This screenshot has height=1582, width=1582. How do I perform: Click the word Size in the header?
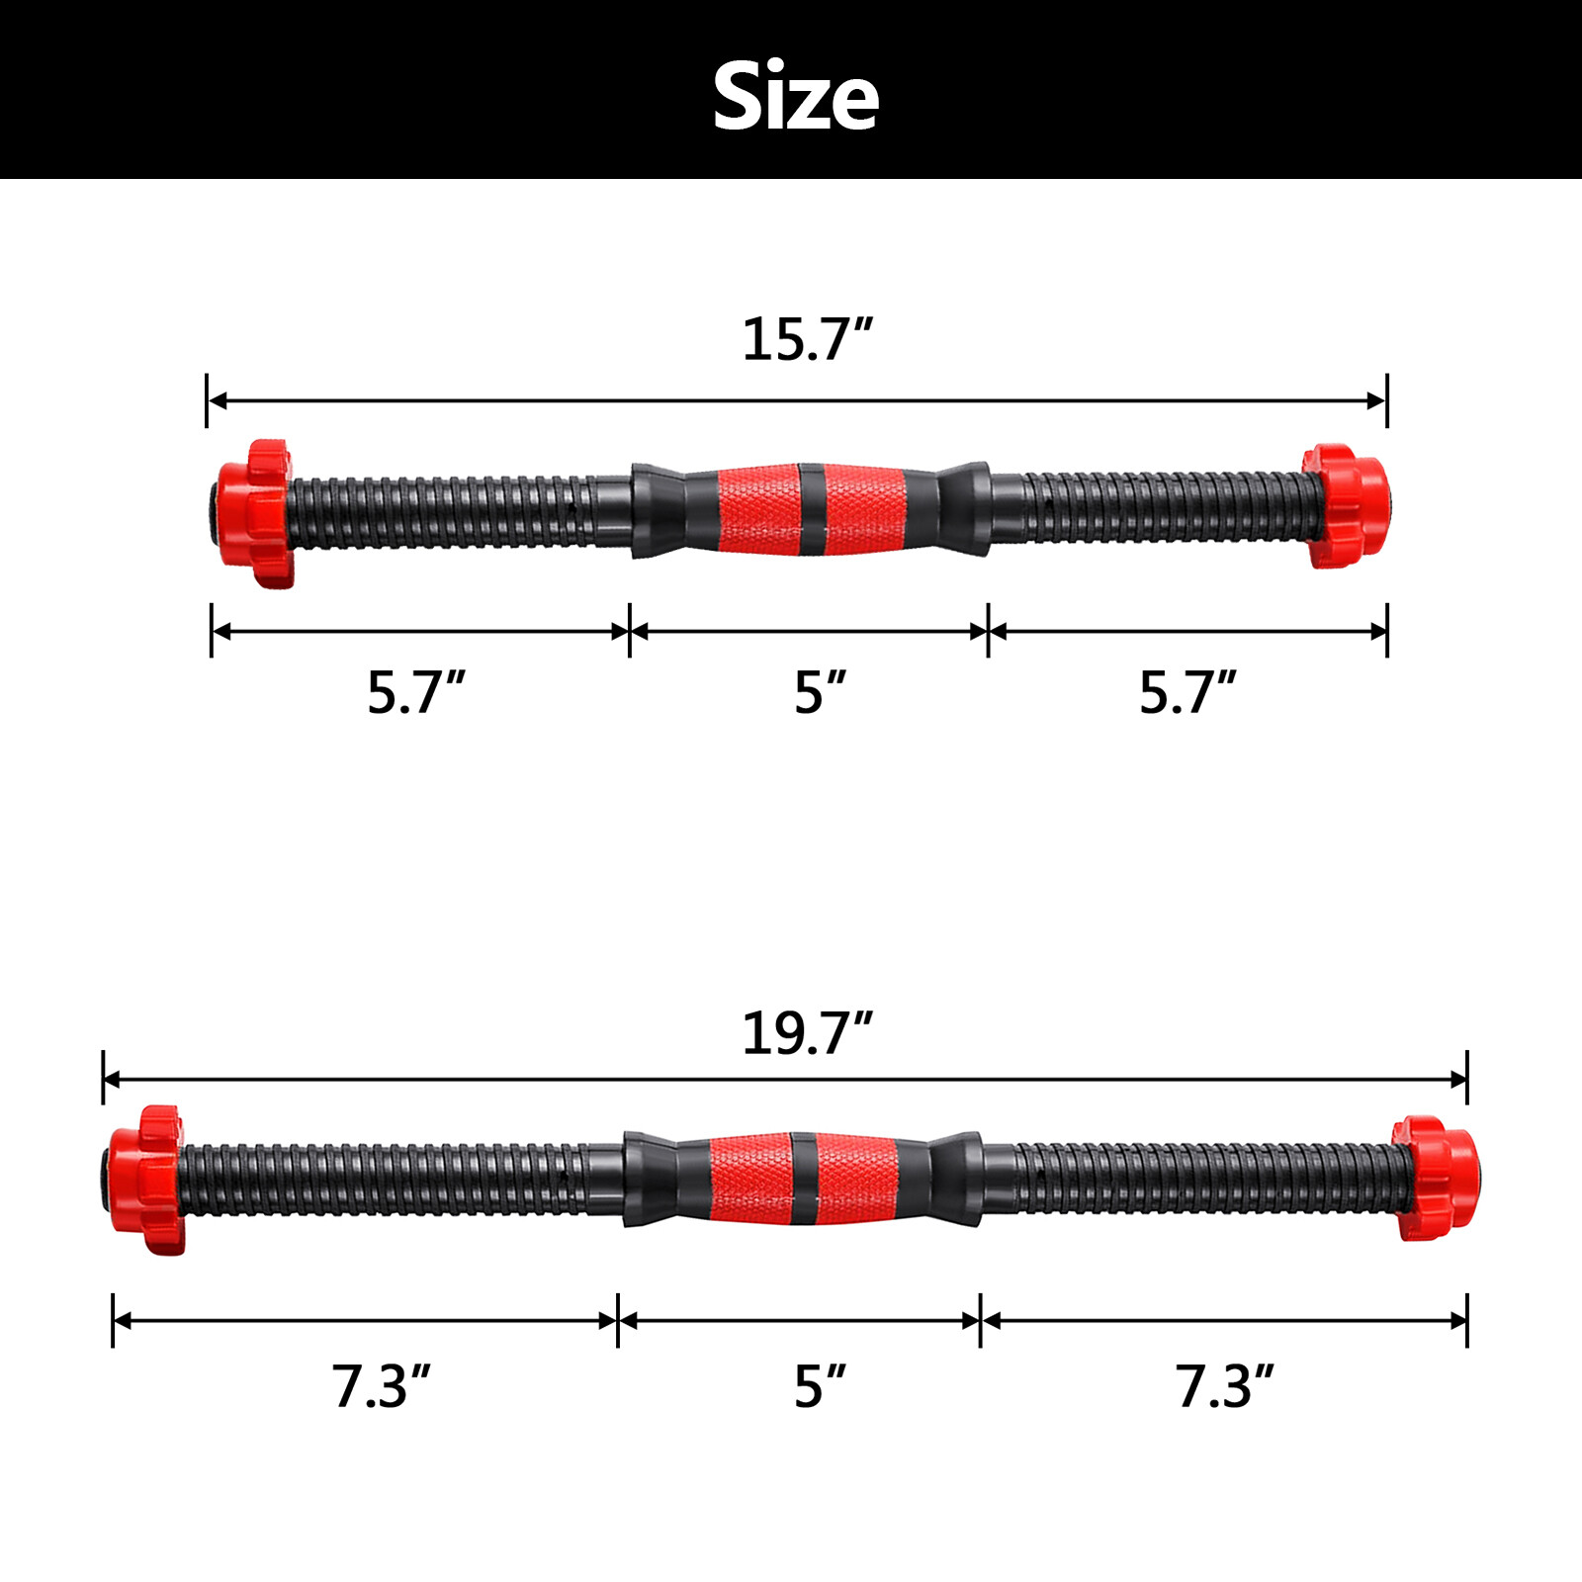(795, 96)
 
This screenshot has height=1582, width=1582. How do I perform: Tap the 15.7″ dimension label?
(807, 339)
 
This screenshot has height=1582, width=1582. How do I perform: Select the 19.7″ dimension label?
(807, 1033)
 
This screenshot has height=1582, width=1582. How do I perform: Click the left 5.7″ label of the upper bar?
(415, 692)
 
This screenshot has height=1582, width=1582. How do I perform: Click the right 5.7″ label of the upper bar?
(1186, 692)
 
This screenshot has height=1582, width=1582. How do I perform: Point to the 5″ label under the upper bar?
(820, 692)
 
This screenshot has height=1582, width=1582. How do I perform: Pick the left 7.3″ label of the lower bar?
(381, 1386)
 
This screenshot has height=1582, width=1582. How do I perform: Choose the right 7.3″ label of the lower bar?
(1224, 1386)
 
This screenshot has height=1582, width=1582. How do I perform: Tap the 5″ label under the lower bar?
(820, 1386)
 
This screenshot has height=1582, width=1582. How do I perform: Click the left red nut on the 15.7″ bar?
(257, 513)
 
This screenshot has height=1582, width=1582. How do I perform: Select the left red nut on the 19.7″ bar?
(148, 1180)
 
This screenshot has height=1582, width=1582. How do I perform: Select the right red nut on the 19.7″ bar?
(1434, 1179)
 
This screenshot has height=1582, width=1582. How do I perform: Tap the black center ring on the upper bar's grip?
(811, 508)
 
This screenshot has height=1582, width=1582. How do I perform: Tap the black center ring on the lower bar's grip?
(803, 1179)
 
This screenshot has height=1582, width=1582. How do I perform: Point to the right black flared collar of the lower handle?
(954, 1179)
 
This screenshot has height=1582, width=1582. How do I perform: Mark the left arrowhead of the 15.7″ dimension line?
(219, 400)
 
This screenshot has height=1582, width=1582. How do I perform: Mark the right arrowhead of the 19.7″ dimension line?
(1456, 1079)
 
